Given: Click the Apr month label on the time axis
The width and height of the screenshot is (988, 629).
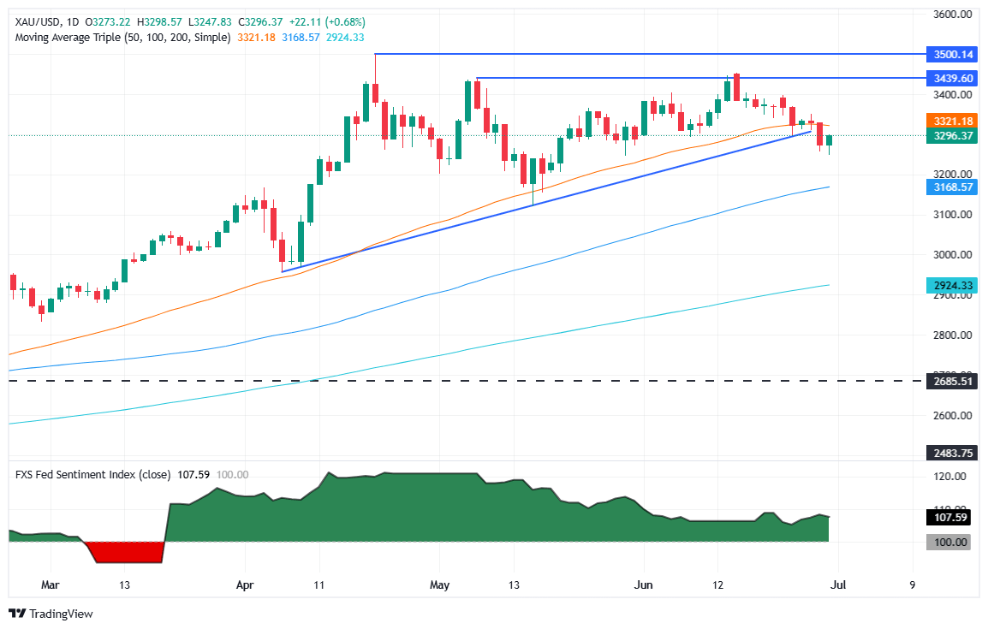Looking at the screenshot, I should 245,585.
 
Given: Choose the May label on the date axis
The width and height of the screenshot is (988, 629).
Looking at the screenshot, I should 439,585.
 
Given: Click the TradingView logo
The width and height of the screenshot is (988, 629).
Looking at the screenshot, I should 51,614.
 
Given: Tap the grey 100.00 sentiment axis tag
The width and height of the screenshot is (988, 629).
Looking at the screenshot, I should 949,542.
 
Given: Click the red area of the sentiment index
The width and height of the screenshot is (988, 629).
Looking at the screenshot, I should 128,552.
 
